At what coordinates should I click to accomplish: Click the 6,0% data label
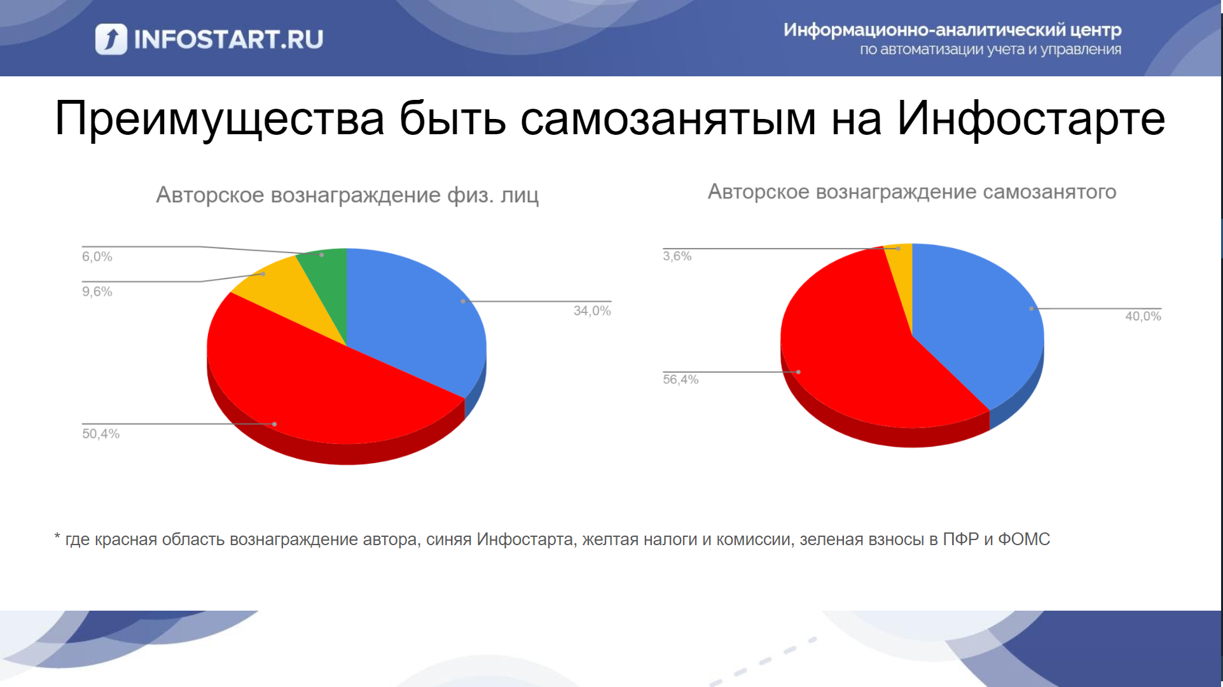(97, 257)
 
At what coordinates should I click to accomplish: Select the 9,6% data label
(97, 292)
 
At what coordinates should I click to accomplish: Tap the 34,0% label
(592, 311)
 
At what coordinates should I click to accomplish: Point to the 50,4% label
(100, 434)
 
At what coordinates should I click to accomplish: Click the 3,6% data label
(677, 256)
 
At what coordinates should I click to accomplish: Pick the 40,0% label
(1143, 316)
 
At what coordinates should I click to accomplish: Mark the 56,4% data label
(681, 380)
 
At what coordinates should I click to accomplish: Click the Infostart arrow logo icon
(111, 39)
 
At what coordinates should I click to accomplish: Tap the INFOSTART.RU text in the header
(228, 39)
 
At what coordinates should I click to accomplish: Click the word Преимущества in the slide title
(219, 119)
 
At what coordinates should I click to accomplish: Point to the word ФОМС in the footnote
(1024, 539)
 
